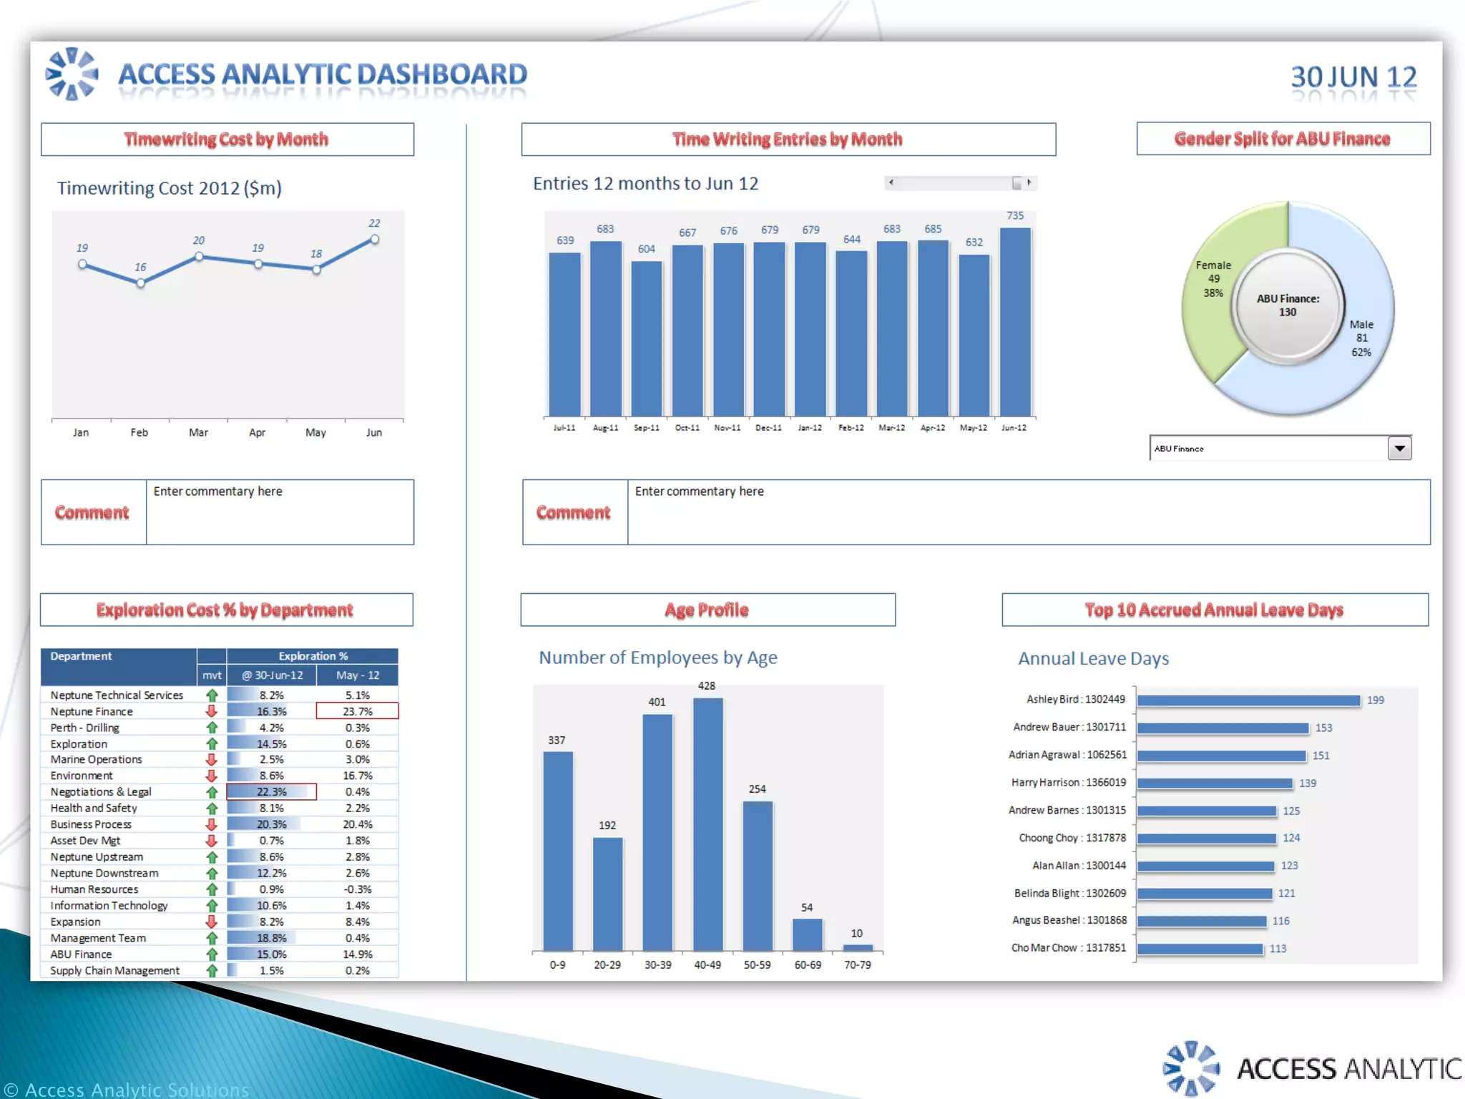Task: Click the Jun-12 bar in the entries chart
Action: click(1015, 322)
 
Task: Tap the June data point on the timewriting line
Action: click(374, 240)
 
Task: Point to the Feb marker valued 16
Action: click(141, 283)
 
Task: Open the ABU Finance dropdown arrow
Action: click(1399, 449)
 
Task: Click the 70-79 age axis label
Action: click(857, 965)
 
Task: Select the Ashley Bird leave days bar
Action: click(1248, 700)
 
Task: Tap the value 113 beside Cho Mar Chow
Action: click(1278, 949)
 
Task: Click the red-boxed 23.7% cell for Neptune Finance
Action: click(358, 711)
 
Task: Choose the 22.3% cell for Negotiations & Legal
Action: click(271, 792)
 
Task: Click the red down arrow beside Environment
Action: click(212, 776)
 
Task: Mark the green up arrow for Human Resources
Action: click(212, 889)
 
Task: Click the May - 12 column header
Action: click(358, 675)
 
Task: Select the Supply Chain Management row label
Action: click(114, 971)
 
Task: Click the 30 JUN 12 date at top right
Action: click(1353, 77)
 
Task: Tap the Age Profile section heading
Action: click(707, 610)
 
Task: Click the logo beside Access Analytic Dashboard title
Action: click(72, 74)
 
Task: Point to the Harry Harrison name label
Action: click(1068, 783)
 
